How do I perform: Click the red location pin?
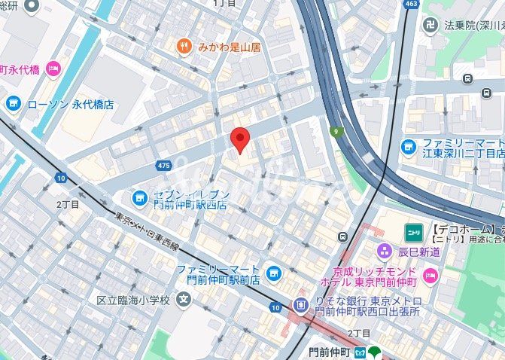tap(239, 139)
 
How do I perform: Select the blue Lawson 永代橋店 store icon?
tap(13, 104)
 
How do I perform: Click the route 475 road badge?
tap(164, 165)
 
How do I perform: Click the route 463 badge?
tap(412, 4)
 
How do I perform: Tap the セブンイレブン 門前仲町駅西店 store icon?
tap(139, 198)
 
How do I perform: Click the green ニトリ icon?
tap(413, 230)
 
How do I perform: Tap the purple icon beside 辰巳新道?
tap(385, 252)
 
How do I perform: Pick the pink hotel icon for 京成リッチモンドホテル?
tap(430, 274)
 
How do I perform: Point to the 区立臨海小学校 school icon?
tap(183, 300)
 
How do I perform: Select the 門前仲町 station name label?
tap(330, 352)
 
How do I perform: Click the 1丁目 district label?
tap(224, 3)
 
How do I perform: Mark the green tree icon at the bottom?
tap(377, 352)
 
